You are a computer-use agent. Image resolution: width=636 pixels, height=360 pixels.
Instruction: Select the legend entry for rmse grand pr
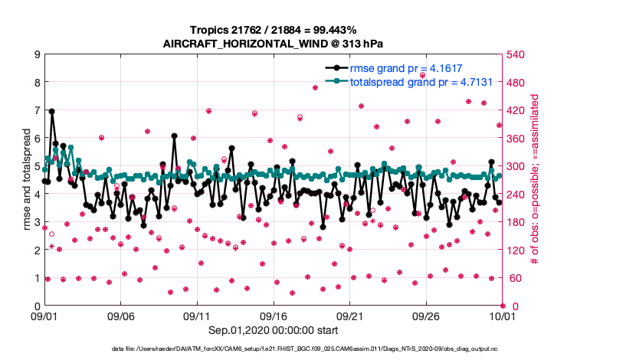pyautogui.click(x=405, y=67)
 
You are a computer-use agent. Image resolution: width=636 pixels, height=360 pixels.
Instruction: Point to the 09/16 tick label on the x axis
pyautogui.click(x=274, y=316)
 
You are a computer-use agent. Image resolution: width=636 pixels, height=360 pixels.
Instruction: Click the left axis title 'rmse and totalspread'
pyautogui.click(x=25, y=180)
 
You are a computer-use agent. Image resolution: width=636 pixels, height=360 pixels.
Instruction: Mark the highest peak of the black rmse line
pyautogui.click(x=52, y=111)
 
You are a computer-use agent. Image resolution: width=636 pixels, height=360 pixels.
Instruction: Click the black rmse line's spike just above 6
pyautogui.click(x=175, y=136)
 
